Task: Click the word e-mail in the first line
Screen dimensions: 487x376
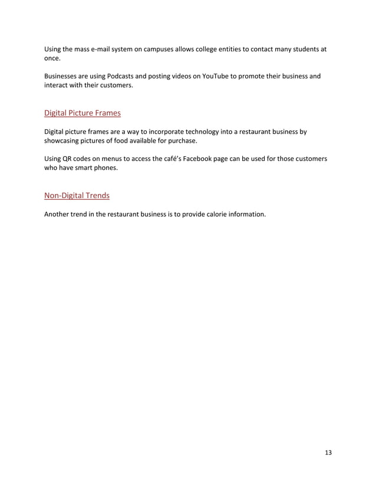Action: pos(104,49)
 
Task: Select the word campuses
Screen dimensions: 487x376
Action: pos(160,49)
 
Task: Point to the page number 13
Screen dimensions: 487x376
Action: pos(328,453)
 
